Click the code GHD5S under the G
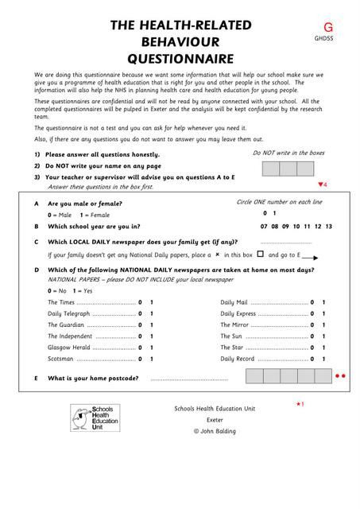click(323, 38)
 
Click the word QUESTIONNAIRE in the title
click(180, 58)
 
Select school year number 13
click(328, 226)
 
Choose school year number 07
click(264, 226)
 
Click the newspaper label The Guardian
click(66, 324)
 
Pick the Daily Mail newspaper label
click(234, 302)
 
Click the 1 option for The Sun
click(323, 336)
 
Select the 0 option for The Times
click(140, 302)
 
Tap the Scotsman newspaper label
click(61, 359)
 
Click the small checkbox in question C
click(260, 254)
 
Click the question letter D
click(37, 270)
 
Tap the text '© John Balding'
click(215, 431)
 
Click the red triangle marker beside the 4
click(319, 185)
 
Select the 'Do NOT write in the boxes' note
click(288, 153)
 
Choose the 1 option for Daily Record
click(323, 359)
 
